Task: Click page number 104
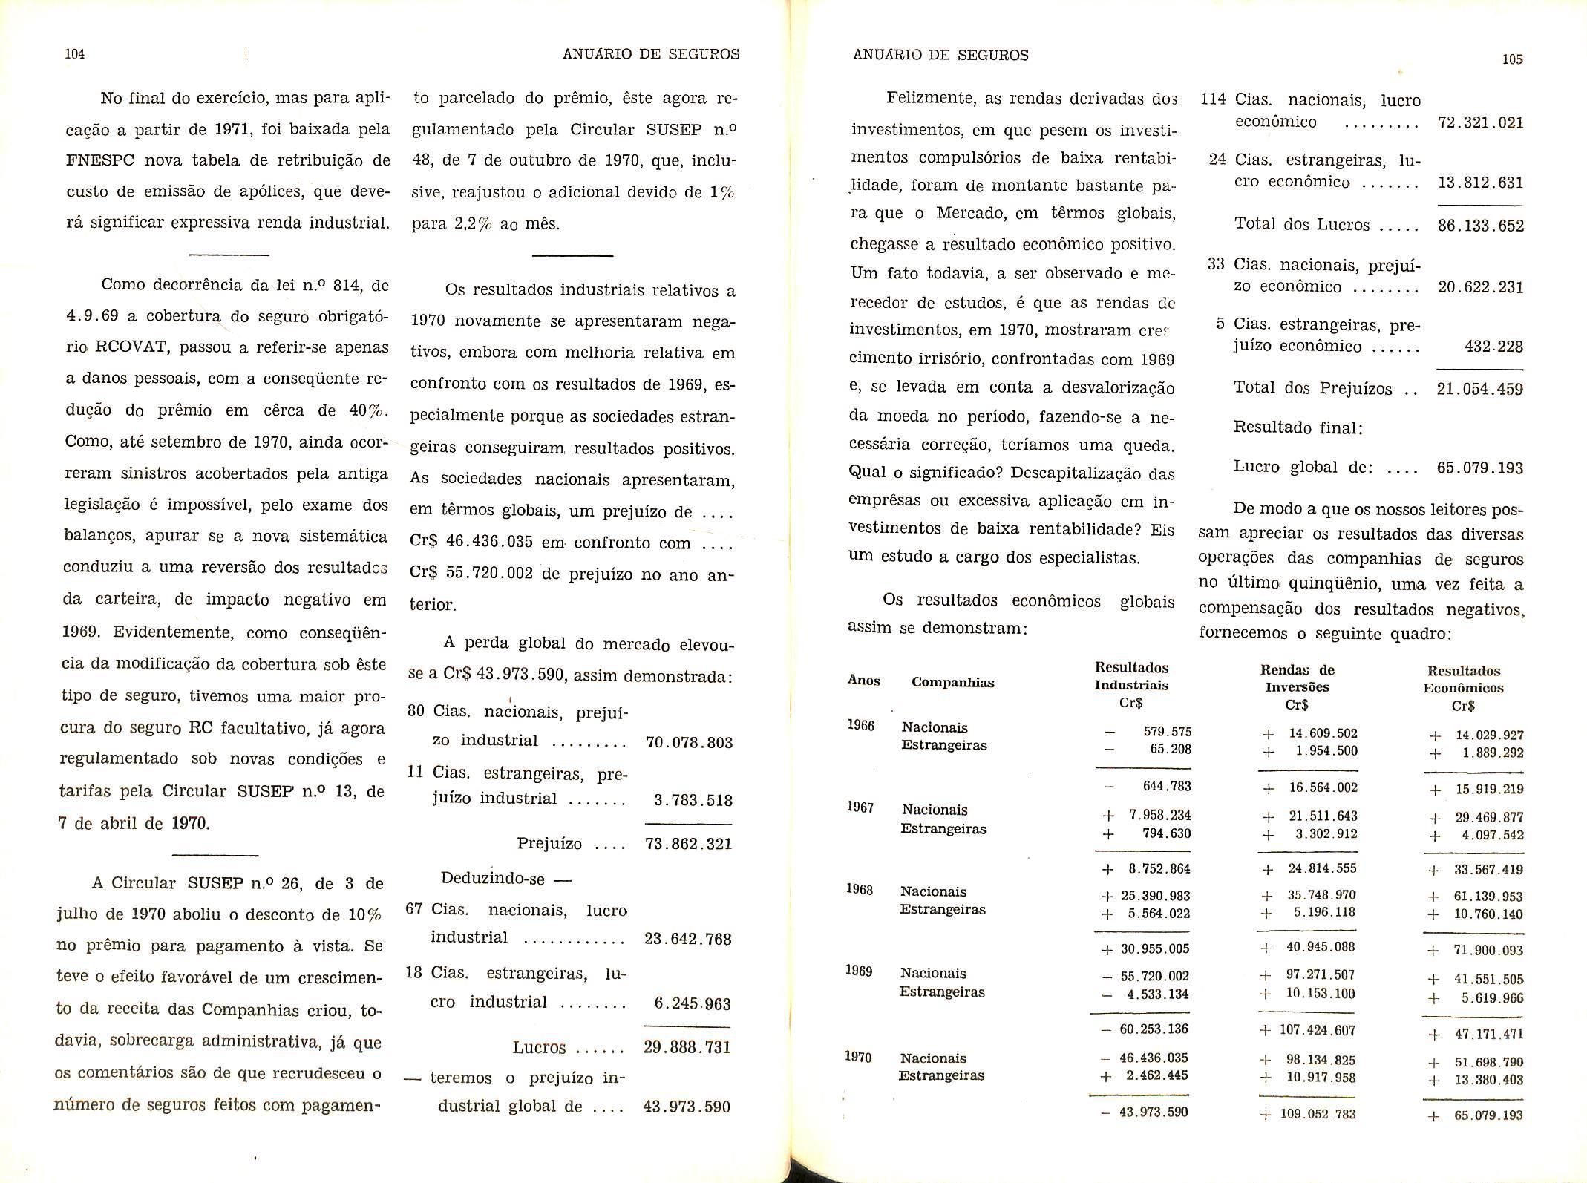click(75, 54)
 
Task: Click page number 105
click(1512, 60)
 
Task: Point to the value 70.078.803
click(689, 743)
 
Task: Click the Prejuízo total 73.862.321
click(688, 845)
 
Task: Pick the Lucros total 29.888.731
click(687, 1047)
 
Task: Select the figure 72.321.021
click(1480, 123)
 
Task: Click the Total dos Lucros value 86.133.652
click(1480, 226)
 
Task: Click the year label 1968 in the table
click(860, 889)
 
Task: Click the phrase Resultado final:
click(1298, 427)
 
